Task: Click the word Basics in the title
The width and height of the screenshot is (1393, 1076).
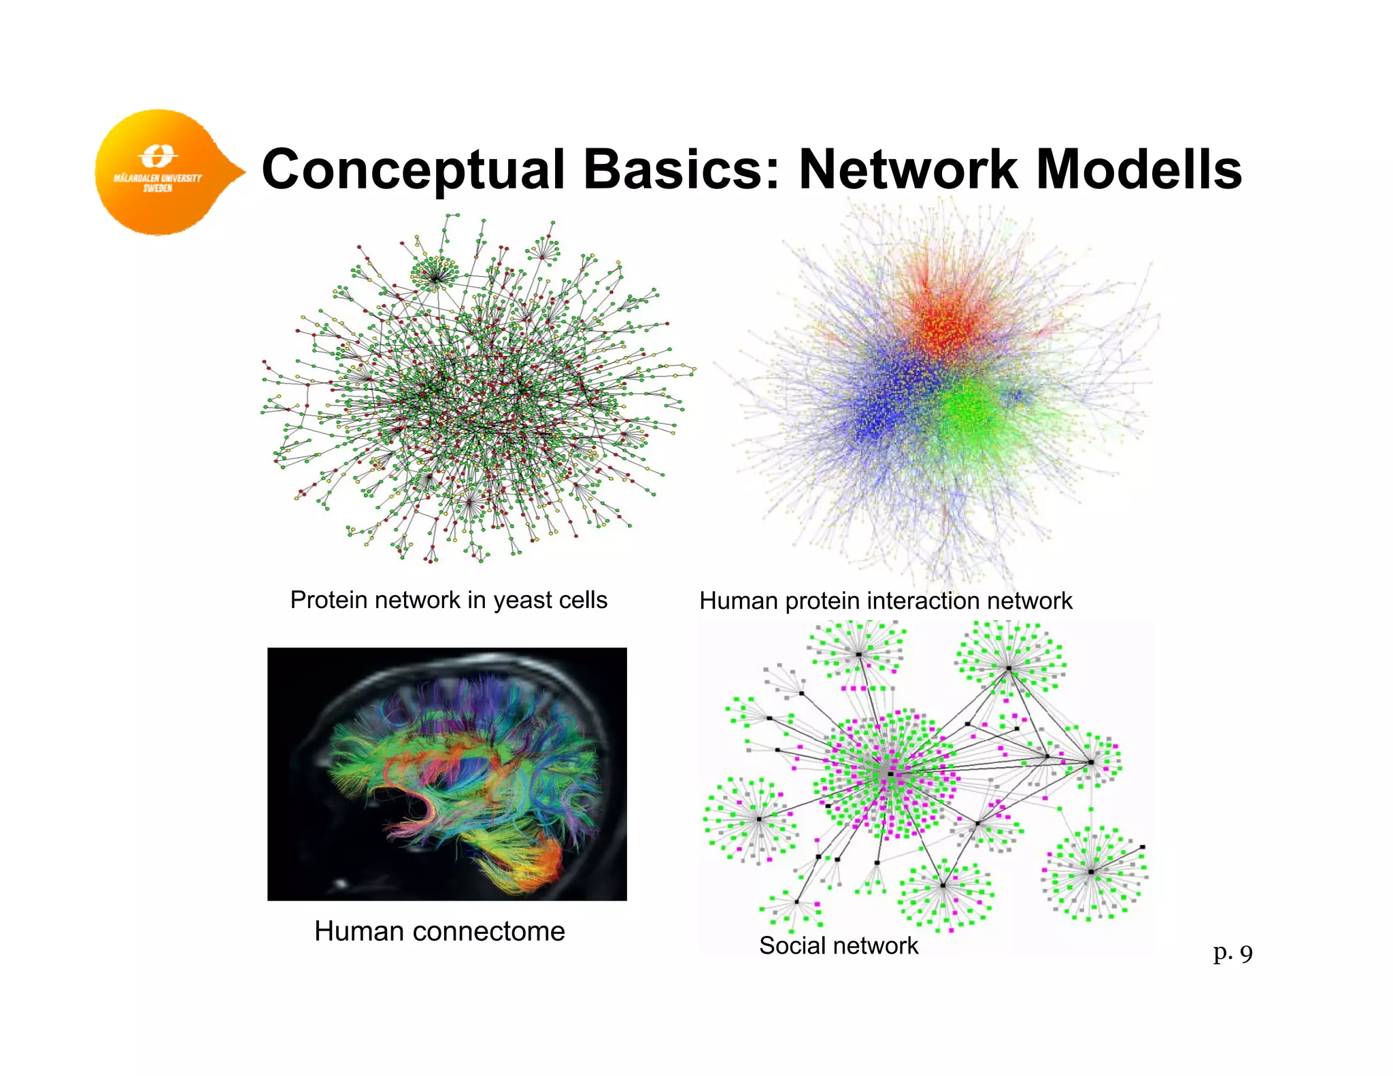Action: (x=681, y=169)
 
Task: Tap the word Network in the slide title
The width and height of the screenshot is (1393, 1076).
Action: (x=908, y=169)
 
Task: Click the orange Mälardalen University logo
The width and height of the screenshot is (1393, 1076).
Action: (x=160, y=172)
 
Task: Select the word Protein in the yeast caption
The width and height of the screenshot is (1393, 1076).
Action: (x=329, y=600)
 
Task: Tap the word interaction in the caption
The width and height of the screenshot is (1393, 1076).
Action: (x=923, y=601)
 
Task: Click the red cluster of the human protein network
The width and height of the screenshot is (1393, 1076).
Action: (x=945, y=320)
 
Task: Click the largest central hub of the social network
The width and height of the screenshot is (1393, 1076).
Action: (x=889, y=774)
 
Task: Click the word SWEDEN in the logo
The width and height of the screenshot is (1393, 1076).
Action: (x=157, y=188)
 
